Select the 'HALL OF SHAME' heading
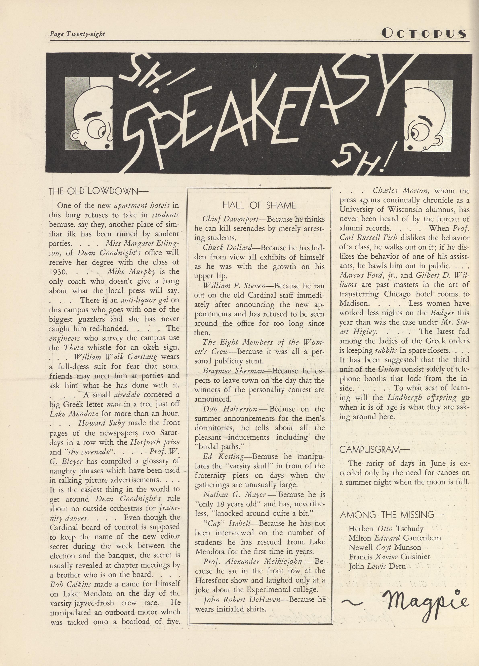click(x=259, y=205)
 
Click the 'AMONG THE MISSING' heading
click(x=392, y=515)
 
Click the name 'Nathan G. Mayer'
click(x=234, y=495)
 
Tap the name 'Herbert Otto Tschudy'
click(x=386, y=529)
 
